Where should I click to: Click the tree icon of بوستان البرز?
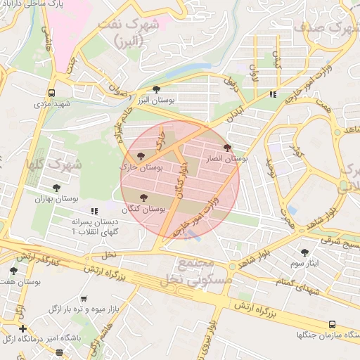[x=156, y=89]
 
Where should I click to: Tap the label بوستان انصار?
[x=225, y=160]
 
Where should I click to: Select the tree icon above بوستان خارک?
[x=141, y=156]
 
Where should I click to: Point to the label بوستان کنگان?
[x=143, y=209]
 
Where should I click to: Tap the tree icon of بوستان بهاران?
[x=56, y=188]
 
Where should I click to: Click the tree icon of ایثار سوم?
[x=304, y=252]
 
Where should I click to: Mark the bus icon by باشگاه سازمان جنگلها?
[x=332, y=324]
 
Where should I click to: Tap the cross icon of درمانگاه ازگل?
[x=23, y=328]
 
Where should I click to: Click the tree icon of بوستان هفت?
[x=13, y=270]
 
